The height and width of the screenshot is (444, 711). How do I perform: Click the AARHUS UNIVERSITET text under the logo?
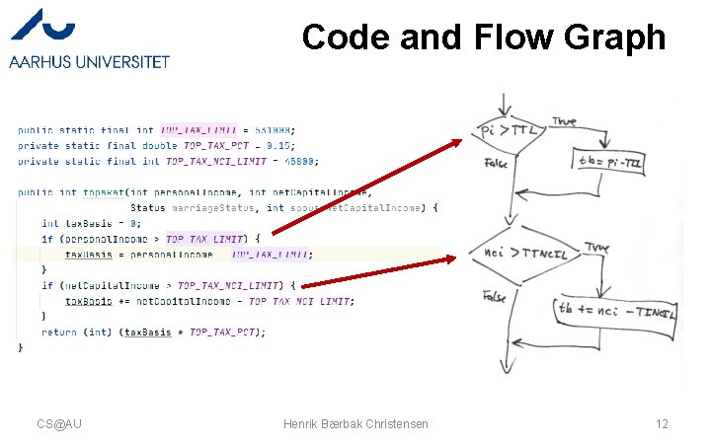click(x=89, y=61)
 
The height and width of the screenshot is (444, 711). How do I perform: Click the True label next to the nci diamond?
click(x=597, y=247)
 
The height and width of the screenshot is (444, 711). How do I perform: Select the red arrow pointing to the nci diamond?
click(x=384, y=272)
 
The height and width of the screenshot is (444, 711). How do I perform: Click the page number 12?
click(x=662, y=423)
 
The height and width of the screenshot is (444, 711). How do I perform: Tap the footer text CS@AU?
click(x=59, y=423)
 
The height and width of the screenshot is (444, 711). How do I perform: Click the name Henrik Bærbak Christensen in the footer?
click(x=355, y=423)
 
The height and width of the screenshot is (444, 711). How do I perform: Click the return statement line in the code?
click(x=153, y=333)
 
